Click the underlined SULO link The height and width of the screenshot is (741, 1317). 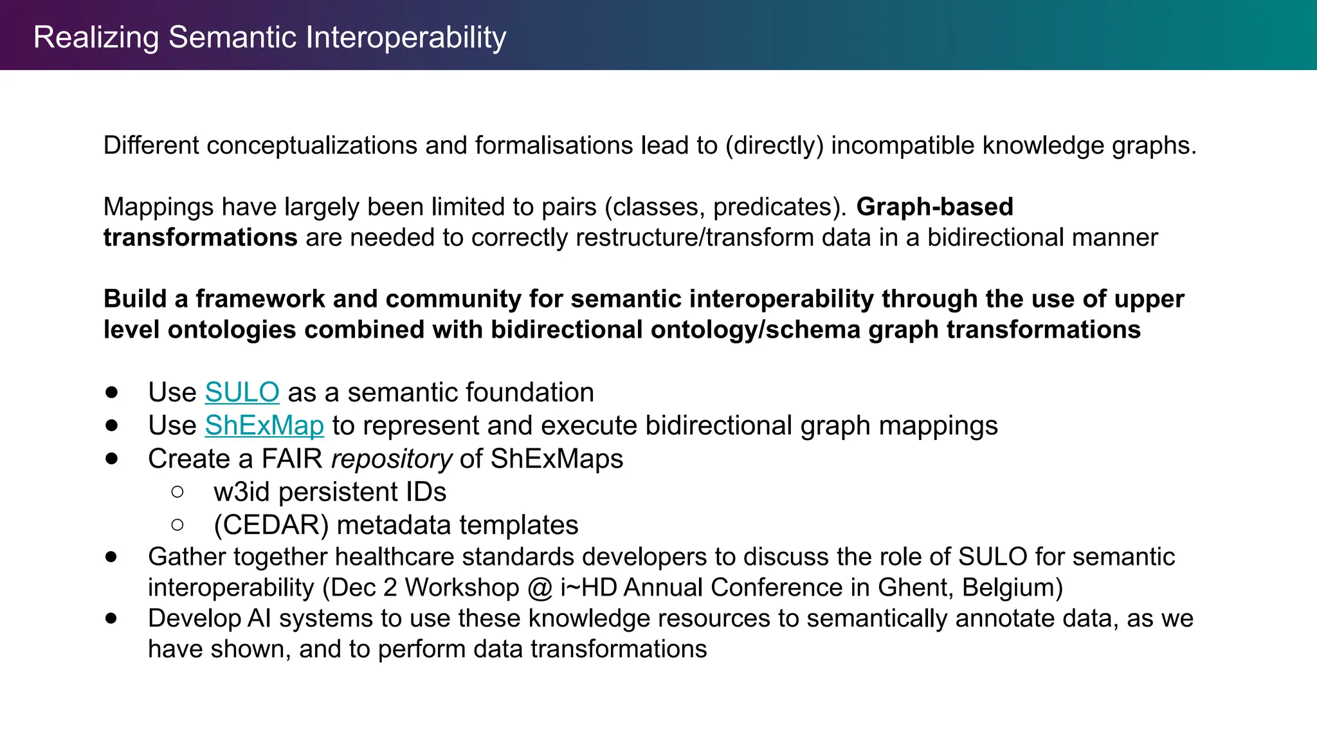coord(242,392)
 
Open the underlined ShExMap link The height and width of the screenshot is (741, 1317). coord(264,426)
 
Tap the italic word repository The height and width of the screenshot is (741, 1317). coord(392,459)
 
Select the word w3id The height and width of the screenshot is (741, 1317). coord(241,492)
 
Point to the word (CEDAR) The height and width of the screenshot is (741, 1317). coord(271,526)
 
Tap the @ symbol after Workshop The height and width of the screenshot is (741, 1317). coord(539,588)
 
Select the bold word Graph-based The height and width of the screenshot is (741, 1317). coord(934,207)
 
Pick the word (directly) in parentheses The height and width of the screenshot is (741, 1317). coord(774,146)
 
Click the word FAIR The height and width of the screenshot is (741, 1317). coord(291,459)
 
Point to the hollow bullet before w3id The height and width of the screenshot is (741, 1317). coord(177,492)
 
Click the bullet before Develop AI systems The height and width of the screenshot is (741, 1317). coord(112,619)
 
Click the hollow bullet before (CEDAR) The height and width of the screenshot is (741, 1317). coord(177,526)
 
